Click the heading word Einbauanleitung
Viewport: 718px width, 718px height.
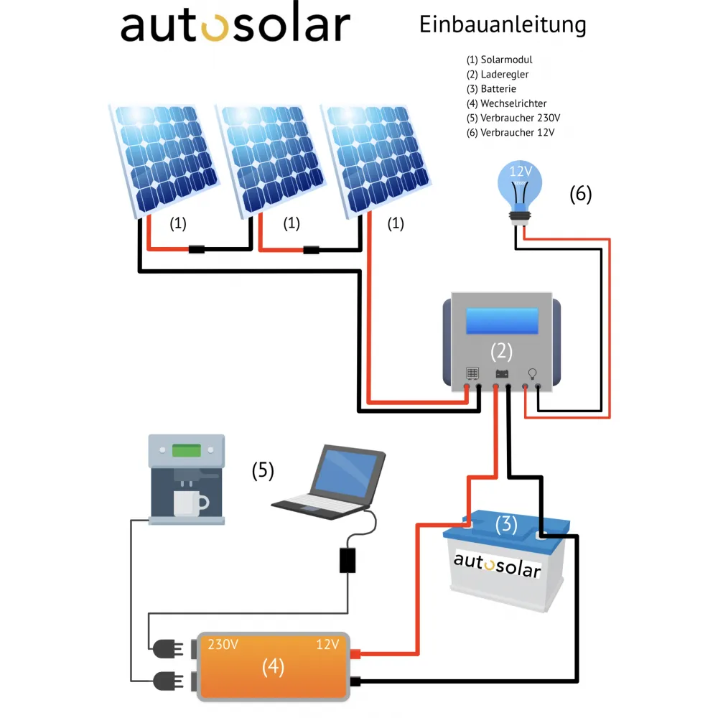tap(503, 25)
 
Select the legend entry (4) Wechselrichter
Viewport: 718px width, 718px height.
tap(506, 103)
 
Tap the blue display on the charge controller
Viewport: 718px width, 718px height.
tap(502, 321)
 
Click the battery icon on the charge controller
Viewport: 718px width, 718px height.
tap(502, 373)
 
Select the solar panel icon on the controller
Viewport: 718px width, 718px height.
tap(472, 373)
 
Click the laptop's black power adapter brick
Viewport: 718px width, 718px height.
tap(348, 560)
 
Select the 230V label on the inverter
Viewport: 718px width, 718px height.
tap(223, 644)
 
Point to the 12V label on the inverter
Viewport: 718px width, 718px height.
tap(327, 644)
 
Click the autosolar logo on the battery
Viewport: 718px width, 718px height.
tap(497, 565)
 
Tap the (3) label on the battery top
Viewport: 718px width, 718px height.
tap(506, 524)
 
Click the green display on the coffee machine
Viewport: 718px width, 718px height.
tap(186, 450)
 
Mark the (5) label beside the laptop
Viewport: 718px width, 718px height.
tap(263, 470)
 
